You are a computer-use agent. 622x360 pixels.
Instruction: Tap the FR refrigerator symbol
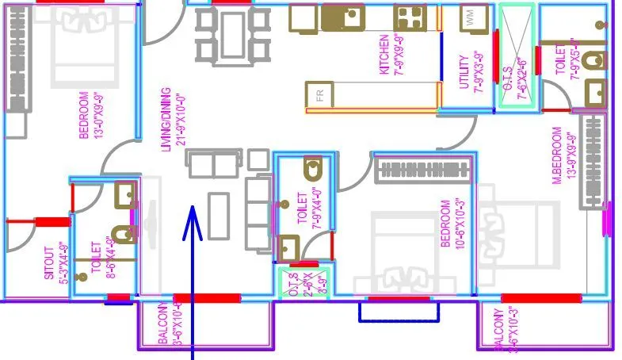[x=320, y=95]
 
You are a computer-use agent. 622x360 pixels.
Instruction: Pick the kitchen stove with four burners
[x=410, y=17]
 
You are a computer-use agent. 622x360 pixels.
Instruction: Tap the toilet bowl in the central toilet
[x=314, y=168]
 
